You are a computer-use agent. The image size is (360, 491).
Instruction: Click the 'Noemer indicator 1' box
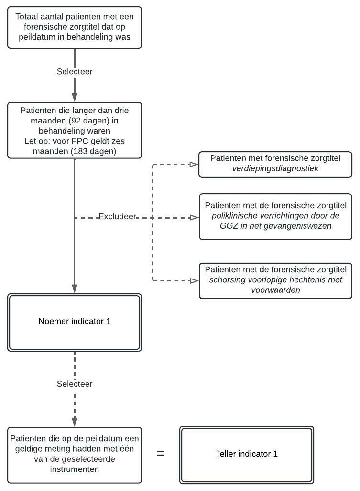(x=75, y=322)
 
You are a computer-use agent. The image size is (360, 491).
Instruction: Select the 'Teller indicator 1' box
(x=246, y=454)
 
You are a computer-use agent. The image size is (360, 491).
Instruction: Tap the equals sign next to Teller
(x=161, y=453)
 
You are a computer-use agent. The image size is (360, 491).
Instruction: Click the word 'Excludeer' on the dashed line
(x=117, y=217)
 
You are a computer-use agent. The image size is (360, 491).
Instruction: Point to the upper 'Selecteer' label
(x=75, y=71)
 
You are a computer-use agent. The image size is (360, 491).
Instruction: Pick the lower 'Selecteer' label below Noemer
(x=75, y=384)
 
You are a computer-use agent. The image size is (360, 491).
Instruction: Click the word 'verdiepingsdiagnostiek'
(x=275, y=169)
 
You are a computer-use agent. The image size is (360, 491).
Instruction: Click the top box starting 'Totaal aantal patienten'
(x=75, y=27)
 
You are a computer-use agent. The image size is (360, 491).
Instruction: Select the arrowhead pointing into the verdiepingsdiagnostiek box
(x=194, y=165)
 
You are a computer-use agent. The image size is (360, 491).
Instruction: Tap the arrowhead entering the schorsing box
(x=194, y=281)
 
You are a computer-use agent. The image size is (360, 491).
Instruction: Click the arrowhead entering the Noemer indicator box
(x=75, y=289)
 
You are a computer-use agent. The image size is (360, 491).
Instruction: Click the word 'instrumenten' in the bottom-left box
(x=75, y=469)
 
